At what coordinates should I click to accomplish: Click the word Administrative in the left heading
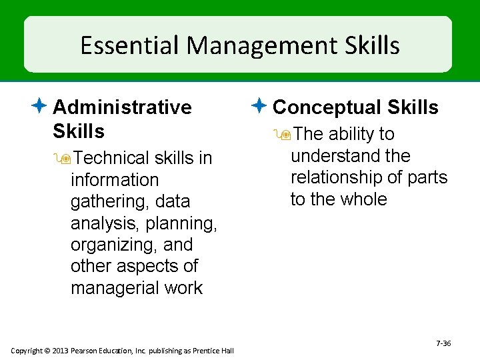click(x=122, y=107)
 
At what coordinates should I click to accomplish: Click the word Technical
click(x=112, y=159)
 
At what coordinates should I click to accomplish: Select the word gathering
click(x=106, y=201)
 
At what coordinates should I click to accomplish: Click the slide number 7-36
click(x=443, y=343)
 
